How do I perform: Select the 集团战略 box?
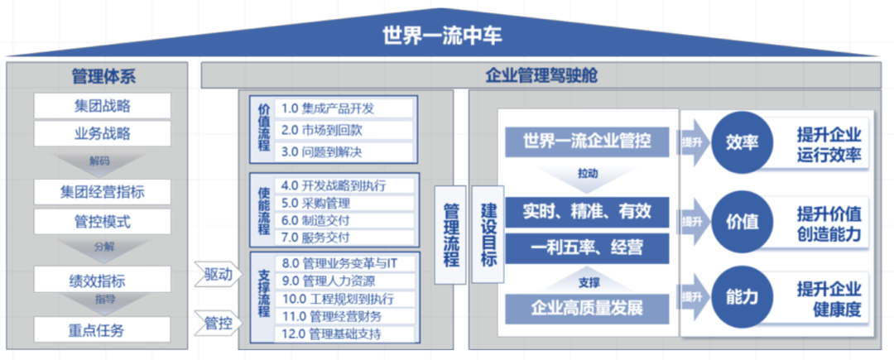[x=102, y=106]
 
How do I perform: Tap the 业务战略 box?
[x=102, y=133]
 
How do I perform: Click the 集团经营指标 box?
[x=102, y=193]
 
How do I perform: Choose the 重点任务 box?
[x=102, y=329]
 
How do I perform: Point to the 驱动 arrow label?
[x=218, y=274]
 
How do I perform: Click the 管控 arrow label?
[x=218, y=322]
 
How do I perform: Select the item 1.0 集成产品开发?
[x=345, y=108]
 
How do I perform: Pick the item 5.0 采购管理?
[x=345, y=203]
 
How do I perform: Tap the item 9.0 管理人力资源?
[x=345, y=281]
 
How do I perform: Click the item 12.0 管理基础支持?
[x=345, y=334]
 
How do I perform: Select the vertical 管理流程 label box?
[x=451, y=234]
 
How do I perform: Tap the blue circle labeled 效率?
[x=743, y=142]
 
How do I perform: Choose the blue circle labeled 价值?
[x=743, y=221]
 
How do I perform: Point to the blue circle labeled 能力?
[x=743, y=295]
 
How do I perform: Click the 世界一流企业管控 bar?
[x=587, y=142]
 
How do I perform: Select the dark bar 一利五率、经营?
[x=587, y=247]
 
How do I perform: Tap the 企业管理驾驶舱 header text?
[x=541, y=76]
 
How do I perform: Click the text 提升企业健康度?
[x=829, y=300]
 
